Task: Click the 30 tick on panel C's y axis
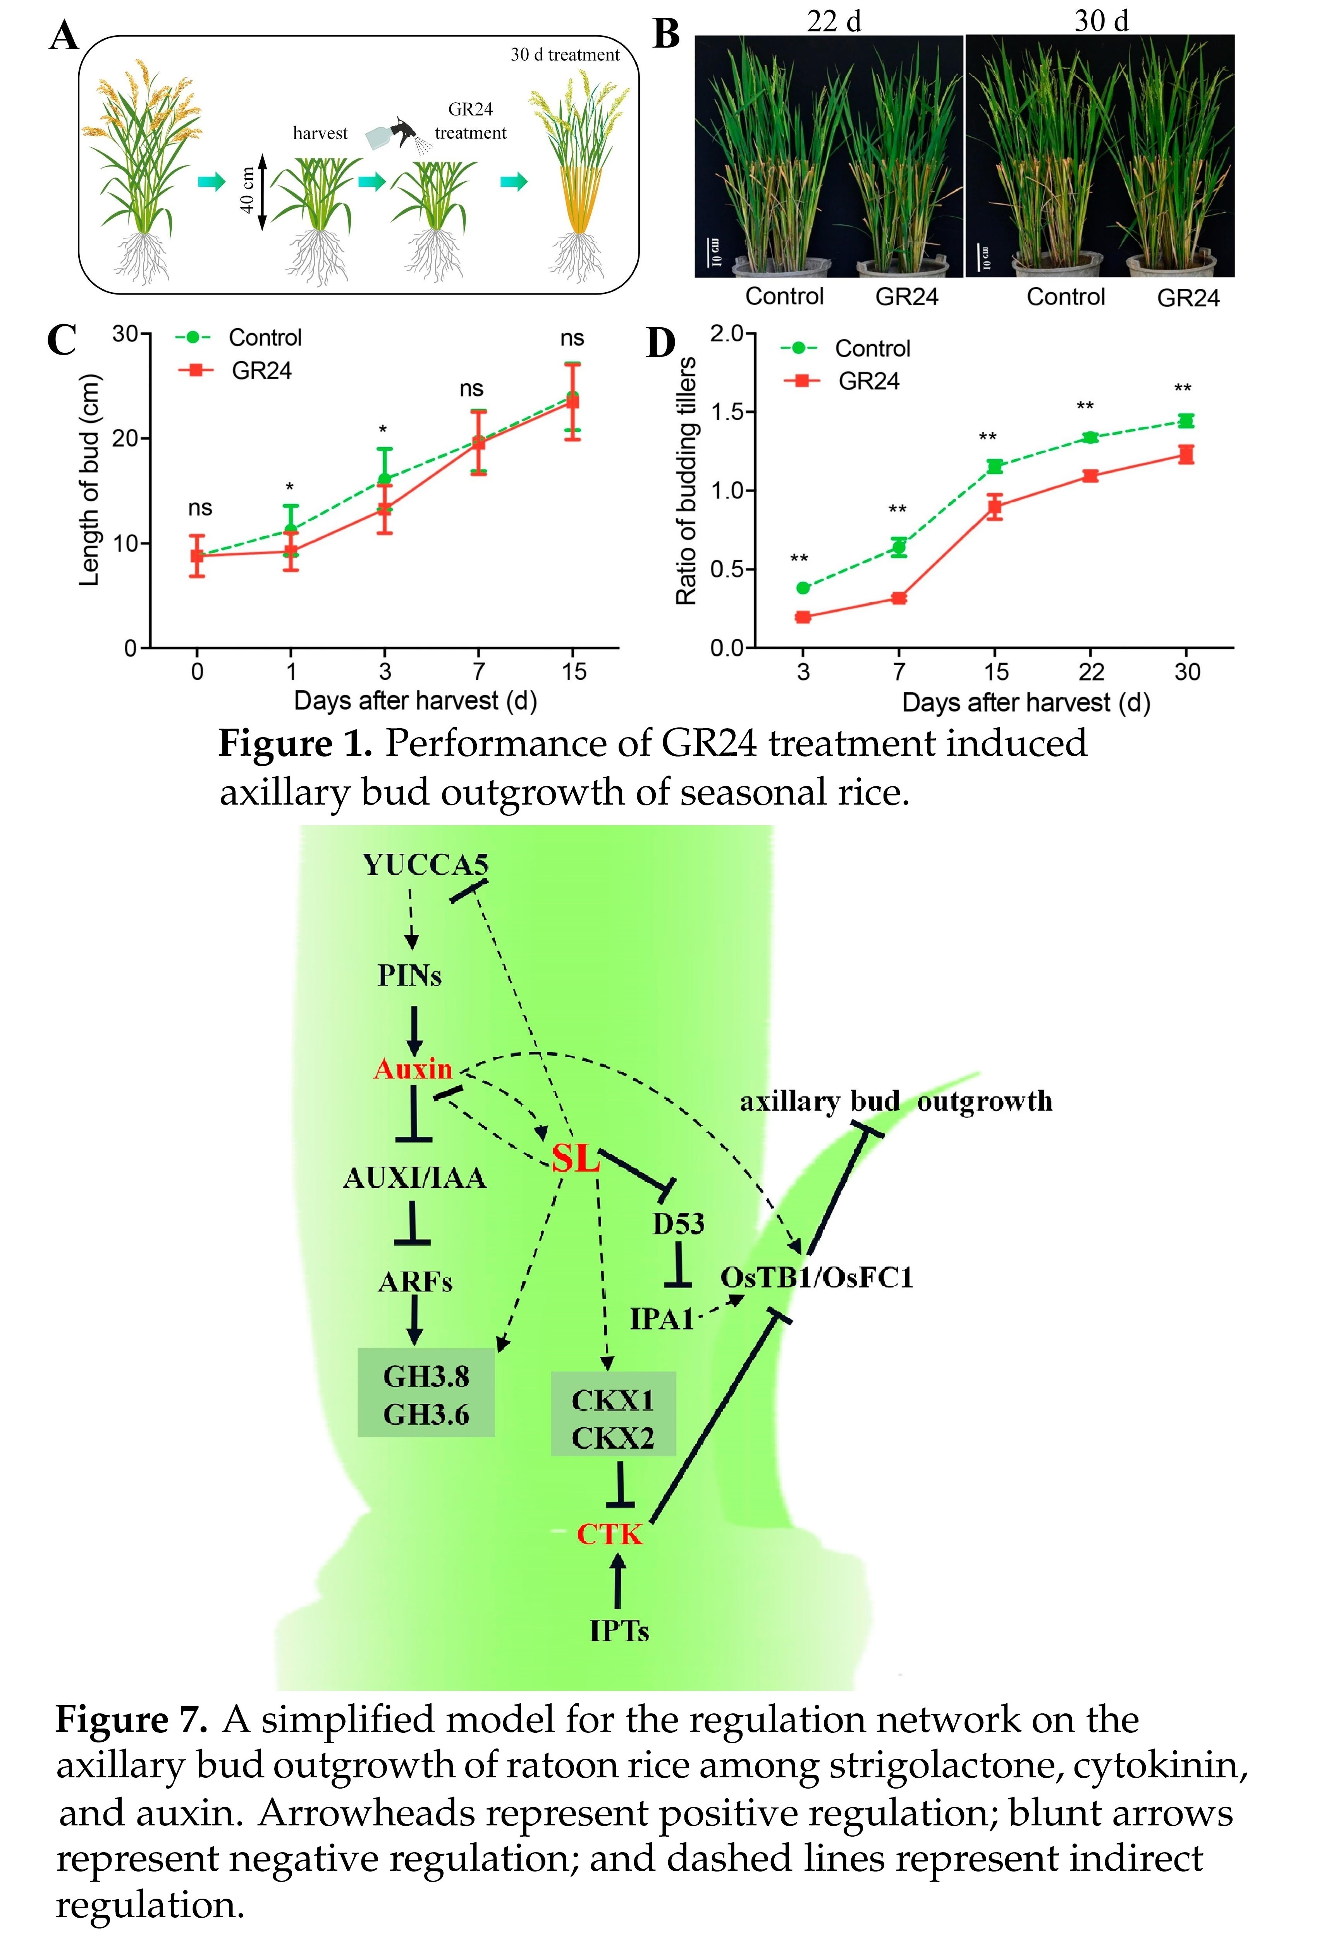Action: click(126, 334)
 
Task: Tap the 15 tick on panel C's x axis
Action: click(574, 671)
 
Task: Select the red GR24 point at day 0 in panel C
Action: click(197, 555)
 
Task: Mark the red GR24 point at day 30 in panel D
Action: click(1186, 454)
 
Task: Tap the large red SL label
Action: click(575, 1158)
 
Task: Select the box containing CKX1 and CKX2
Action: click(613, 1414)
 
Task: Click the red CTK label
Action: click(610, 1534)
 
